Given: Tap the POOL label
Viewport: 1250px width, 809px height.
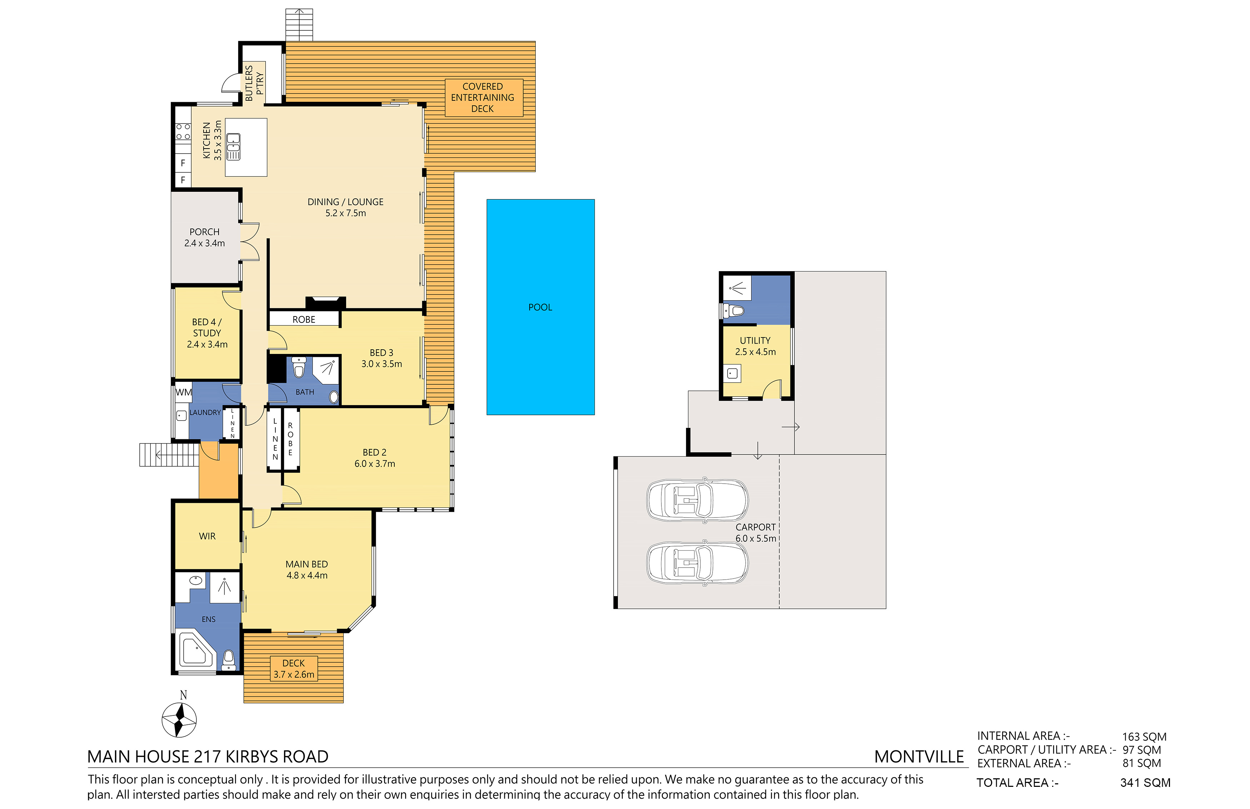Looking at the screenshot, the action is point(540,307).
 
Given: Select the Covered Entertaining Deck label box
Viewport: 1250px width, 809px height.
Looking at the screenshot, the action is point(484,98).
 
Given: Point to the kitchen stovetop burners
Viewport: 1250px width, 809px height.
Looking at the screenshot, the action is point(183,131).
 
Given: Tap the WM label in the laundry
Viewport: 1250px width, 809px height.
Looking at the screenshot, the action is point(183,393).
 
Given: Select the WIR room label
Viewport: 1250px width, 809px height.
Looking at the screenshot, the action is point(207,536).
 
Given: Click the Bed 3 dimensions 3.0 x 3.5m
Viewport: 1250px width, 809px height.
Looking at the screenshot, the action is point(382,364).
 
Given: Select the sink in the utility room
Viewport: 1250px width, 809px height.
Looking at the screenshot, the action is point(732,374).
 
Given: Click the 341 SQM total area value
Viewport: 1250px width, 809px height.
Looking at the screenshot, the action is point(1145,783).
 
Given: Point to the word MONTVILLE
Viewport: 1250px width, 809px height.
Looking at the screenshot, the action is point(919,757).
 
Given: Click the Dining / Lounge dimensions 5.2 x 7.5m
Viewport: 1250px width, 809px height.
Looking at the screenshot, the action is point(346,213).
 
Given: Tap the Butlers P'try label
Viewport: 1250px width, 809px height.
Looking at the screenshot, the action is point(255,83).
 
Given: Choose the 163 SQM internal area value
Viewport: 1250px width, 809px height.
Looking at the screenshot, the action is point(1144,737).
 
